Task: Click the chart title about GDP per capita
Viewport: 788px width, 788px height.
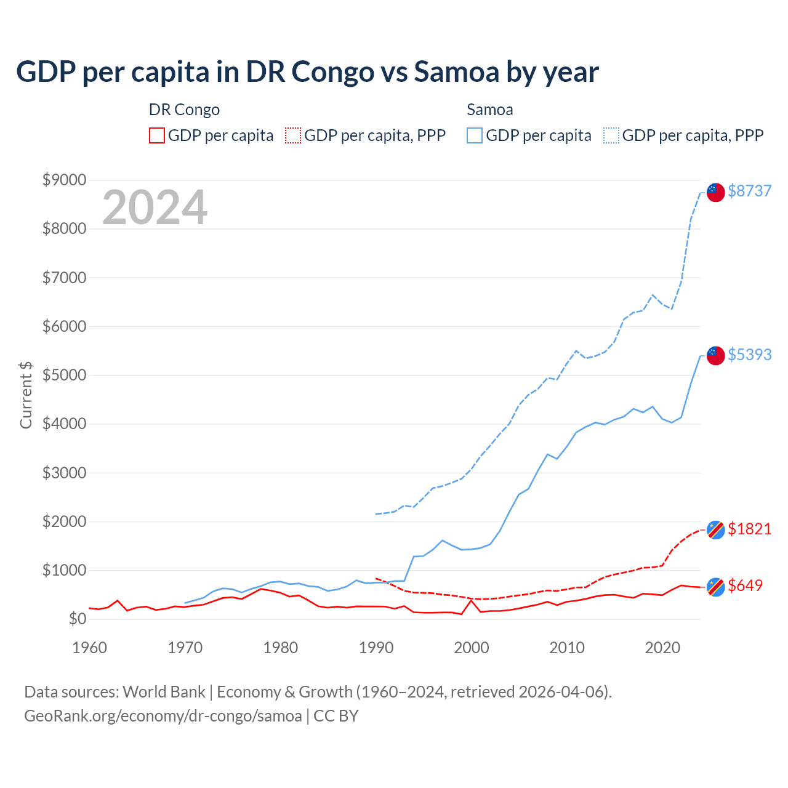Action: click(x=307, y=72)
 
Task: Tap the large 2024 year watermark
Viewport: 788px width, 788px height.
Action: click(x=155, y=208)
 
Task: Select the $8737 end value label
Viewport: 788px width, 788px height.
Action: click(x=749, y=191)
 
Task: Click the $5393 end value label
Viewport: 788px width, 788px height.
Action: click(x=749, y=355)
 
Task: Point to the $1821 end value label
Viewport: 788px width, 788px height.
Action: click(x=749, y=529)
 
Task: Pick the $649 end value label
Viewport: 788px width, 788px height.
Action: click(x=745, y=585)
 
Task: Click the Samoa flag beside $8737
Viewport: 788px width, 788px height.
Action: click(x=715, y=192)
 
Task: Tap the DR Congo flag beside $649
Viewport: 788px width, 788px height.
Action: click(x=715, y=587)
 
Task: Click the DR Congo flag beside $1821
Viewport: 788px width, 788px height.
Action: click(x=715, y=529)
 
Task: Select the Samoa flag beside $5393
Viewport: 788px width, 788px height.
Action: click(x=715, y=355)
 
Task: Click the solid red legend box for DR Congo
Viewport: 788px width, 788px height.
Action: click(x=157, y=135)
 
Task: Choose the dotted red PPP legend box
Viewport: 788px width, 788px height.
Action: click(x=293, y=135)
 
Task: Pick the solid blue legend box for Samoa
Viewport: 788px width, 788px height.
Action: click(x=475, y=135)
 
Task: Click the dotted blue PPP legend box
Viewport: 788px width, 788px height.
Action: click(x=611, y=135)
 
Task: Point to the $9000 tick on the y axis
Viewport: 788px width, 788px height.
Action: click(x=64, y=180)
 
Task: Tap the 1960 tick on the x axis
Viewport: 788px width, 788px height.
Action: click(x=90, y=648)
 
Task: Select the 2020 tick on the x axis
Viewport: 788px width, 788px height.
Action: click(x=662, y=648)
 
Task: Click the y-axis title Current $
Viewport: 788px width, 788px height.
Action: click(x=26, y=395)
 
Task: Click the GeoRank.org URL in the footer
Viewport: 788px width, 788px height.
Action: click(x=163, y=716)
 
